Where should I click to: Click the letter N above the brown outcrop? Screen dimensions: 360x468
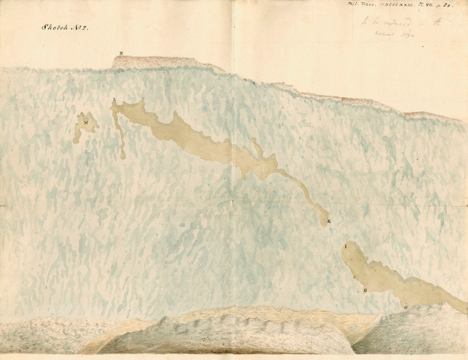coord(121,53)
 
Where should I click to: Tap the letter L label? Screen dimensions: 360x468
coord(115,100)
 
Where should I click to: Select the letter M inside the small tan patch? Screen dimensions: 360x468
coord(86,122)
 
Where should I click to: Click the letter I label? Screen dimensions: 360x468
coord(346,247)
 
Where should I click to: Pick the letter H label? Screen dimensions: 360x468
coord(365,290)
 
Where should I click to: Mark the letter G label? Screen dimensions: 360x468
coord(405,307)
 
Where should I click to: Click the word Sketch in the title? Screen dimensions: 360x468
coord(54,27)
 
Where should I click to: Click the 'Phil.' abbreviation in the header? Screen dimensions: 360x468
coord(354,5)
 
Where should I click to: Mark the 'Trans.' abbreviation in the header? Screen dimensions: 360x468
coord(368,5)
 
